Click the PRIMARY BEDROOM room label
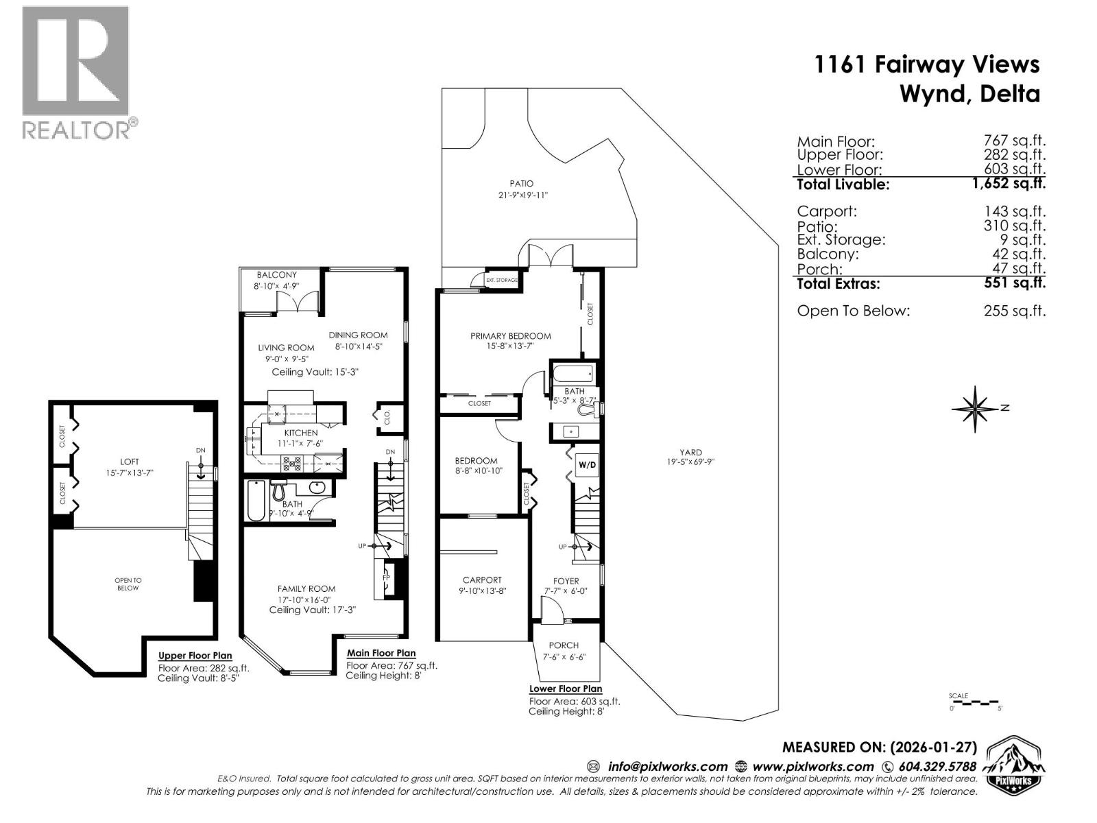(510, 336)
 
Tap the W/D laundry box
(588, 465)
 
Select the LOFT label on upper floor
(129, 462)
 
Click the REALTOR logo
(75, 72)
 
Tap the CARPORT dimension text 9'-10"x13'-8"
(482, 591)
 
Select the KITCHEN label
(301, 433)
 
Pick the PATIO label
(521, 184)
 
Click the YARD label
(690, 452)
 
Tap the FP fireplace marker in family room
(386, 577)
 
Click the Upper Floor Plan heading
(195, 656)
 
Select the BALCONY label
(276, 275)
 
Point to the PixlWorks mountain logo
(1014, 765)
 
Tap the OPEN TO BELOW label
(128, 584)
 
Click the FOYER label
(566, 581)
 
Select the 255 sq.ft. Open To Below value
(1014, 311)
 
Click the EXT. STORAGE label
(501, 280)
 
